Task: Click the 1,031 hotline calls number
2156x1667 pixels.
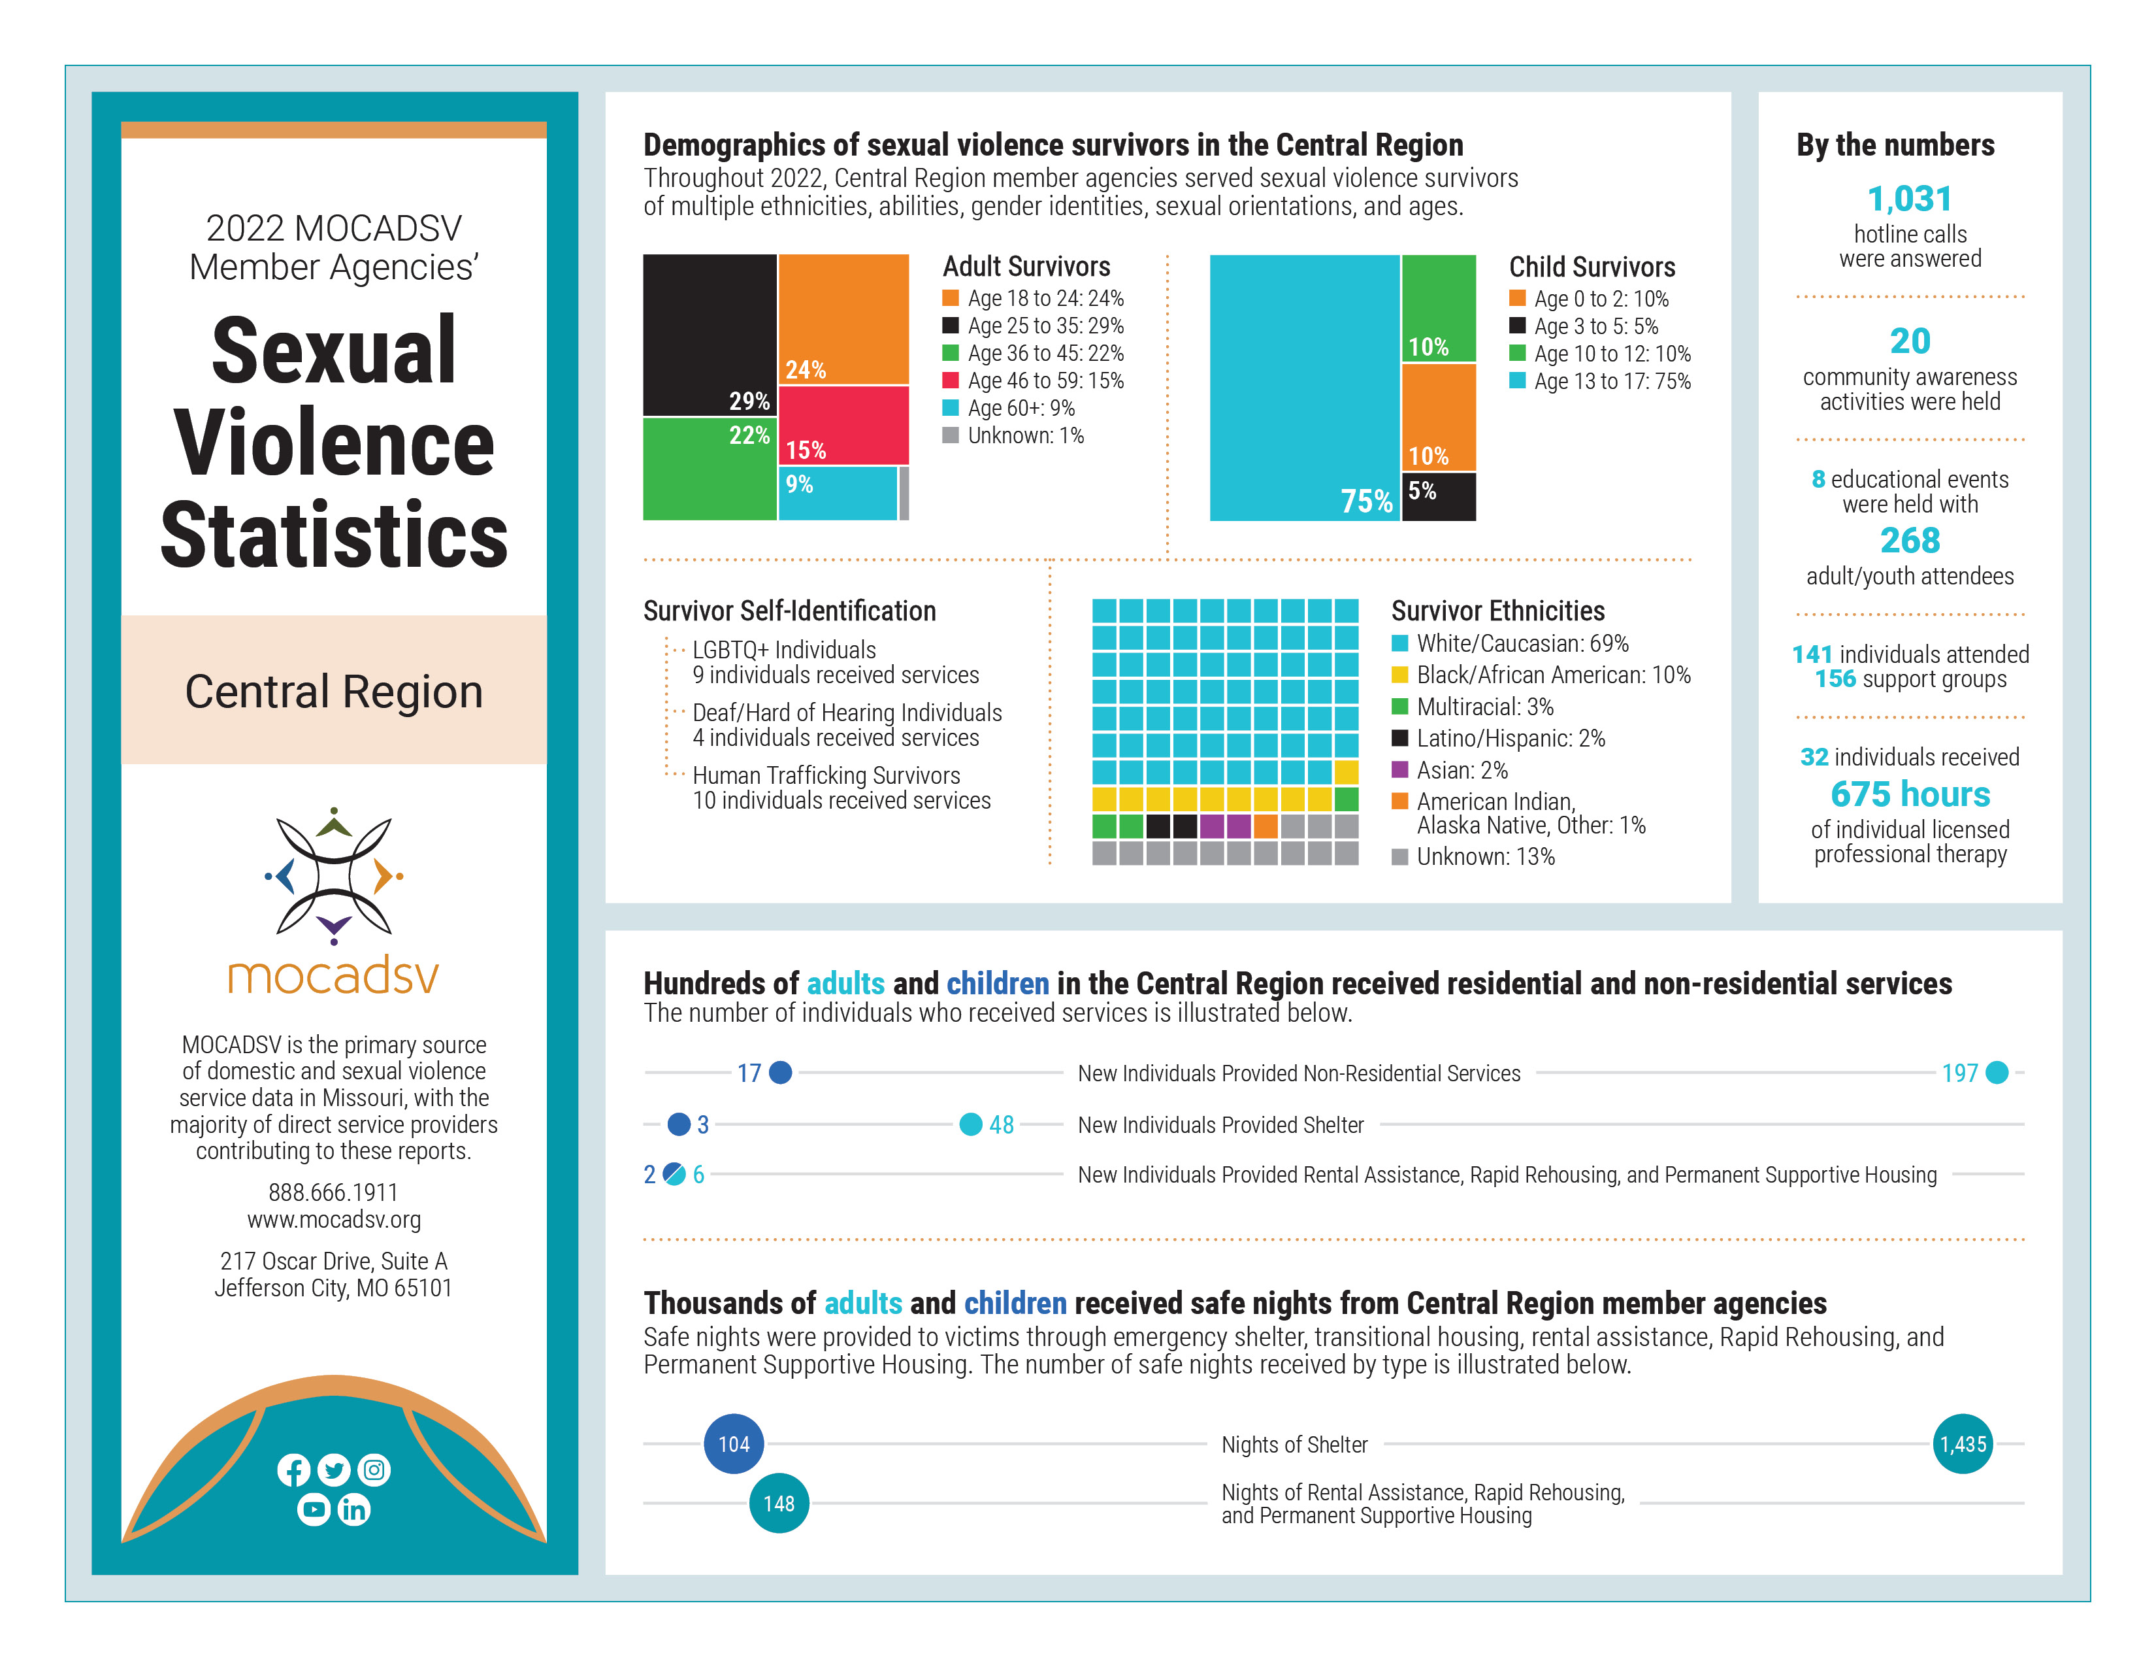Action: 1909,199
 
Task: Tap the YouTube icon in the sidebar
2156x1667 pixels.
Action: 314,1509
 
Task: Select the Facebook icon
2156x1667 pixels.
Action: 293,1470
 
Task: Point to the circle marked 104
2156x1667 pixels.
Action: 734,1444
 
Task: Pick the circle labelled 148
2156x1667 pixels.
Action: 779,1503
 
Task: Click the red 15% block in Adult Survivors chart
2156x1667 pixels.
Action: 843,425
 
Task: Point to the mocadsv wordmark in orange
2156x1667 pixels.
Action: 334,976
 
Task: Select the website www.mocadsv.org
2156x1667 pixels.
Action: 334,1220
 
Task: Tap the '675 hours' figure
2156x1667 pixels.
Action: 1909,794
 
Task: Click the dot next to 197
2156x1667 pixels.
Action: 1996,1073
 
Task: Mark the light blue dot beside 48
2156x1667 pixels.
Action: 970,1124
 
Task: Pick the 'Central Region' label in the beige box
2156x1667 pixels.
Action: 334,691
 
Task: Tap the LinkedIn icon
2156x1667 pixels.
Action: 353,1509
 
